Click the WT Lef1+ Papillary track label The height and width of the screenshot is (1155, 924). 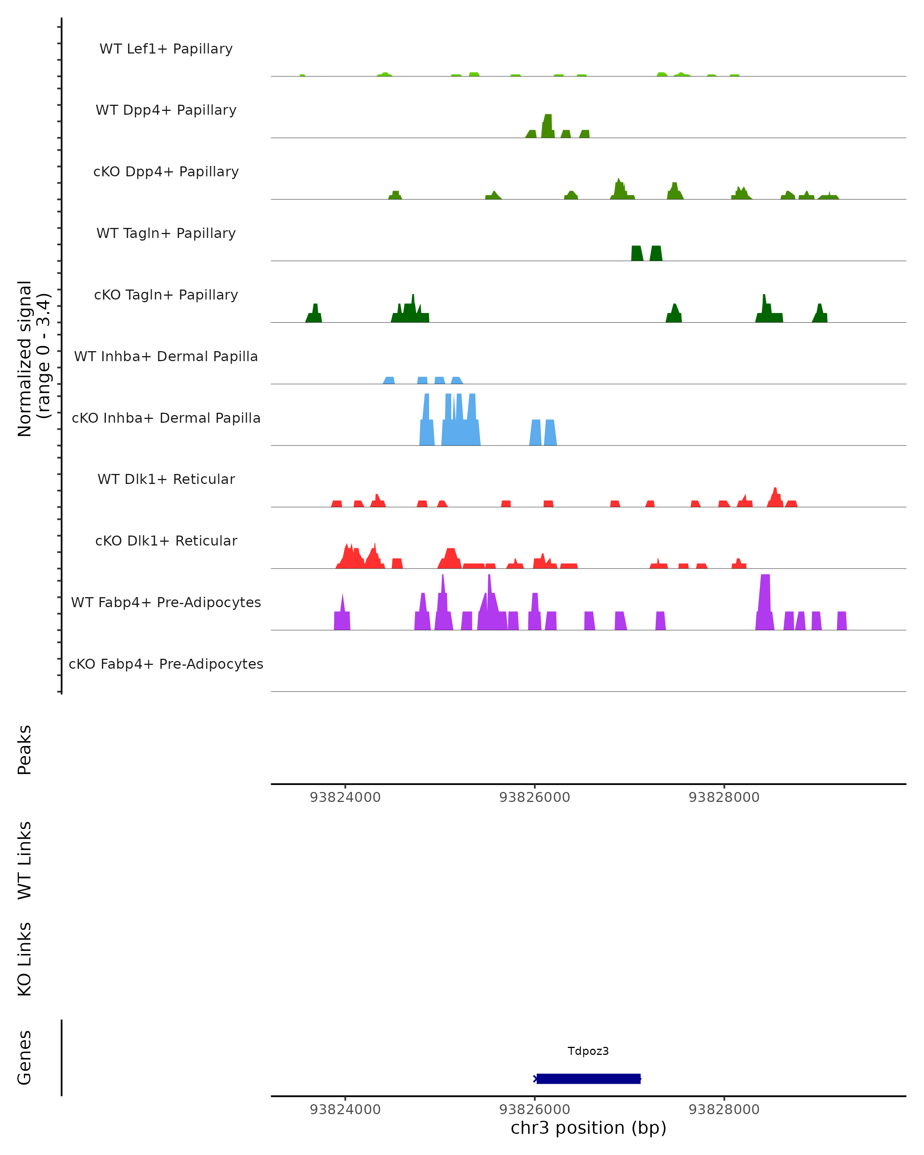tap(166, 49)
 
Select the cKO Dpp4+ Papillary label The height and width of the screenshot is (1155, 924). tap(166, 172)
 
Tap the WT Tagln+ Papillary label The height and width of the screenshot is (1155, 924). tap(166, 234)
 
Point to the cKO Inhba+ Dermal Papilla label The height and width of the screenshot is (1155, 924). tap(166, 418)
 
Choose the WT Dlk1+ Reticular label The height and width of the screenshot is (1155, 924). tap(166, 479)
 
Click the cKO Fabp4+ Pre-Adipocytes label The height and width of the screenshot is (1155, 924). tap(166, 664)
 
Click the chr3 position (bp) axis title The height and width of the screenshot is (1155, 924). tap(588, 1128)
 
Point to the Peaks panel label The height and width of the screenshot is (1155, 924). tap(25, 750)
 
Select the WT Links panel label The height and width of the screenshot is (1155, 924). tap(25, 860)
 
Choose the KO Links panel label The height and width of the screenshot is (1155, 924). tap(25, 959)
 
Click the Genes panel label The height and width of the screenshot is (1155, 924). tap(25, 1058)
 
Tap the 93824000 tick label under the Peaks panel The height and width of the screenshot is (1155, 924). tap(345, 798)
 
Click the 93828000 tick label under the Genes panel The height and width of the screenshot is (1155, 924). tap(724, 1110)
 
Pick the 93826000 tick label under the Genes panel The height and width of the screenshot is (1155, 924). tap(535, 1110)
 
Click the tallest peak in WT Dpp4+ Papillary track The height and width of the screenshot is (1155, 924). tap(547, 126)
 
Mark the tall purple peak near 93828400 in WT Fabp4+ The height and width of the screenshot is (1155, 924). tap(765, 603)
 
